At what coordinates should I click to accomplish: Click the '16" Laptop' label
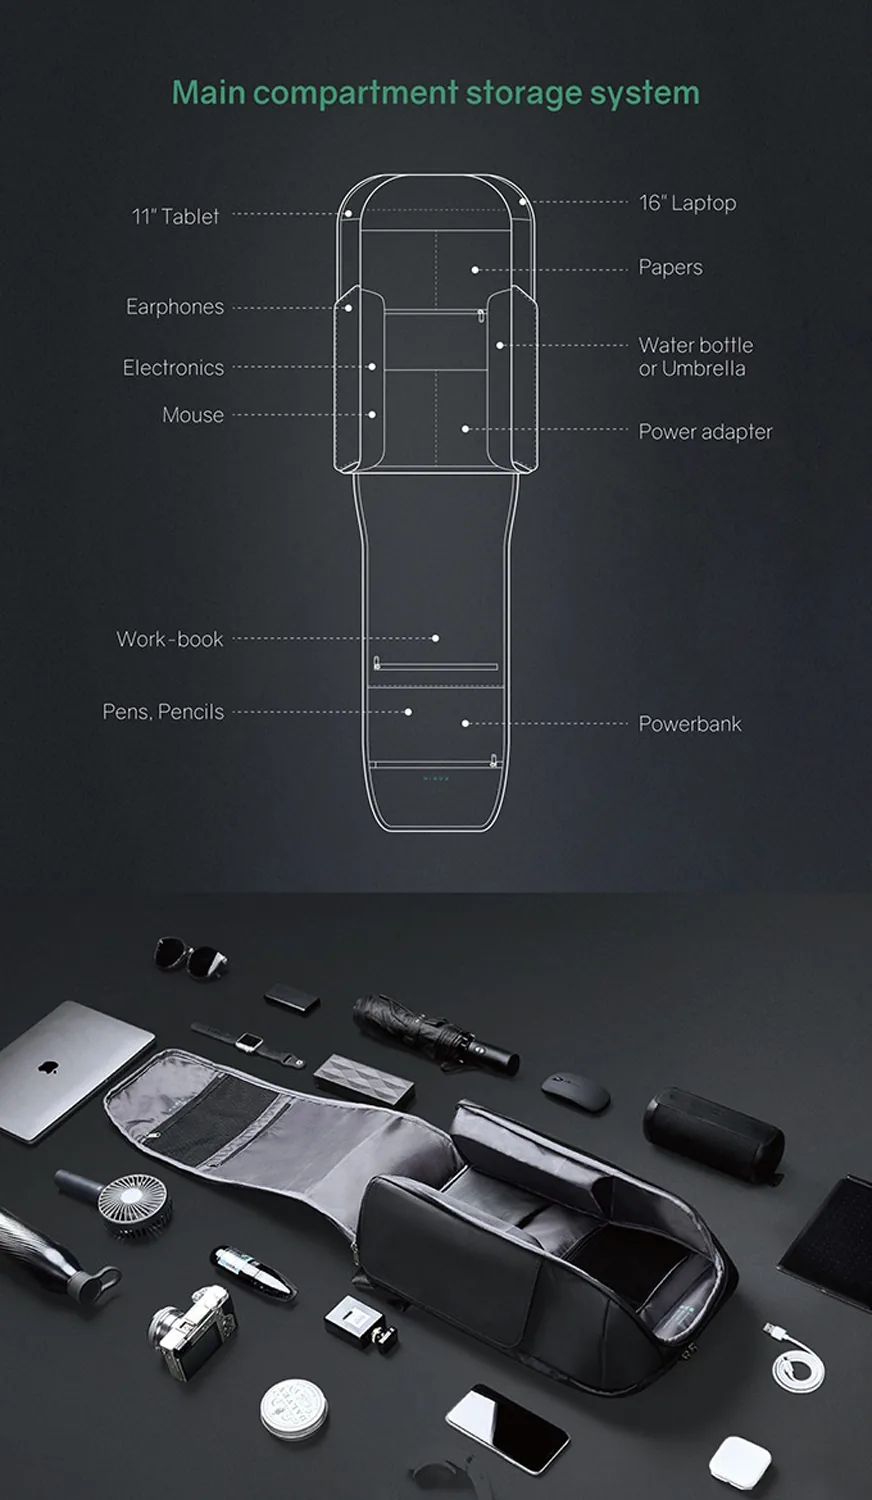point(687,203)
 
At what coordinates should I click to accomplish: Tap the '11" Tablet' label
point(175,216)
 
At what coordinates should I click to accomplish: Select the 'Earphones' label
point(175,307)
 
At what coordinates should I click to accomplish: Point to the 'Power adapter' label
point(705,432)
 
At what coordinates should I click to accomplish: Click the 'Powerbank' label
point(690,724)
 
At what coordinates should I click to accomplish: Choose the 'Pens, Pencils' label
point(163,712)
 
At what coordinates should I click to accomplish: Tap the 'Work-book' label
point(170,639)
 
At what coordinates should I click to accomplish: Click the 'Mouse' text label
point(193,415)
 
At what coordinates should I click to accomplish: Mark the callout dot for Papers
point(475,270)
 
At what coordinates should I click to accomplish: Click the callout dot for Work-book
point(435,638)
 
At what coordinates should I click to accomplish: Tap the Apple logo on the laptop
point(46,1066)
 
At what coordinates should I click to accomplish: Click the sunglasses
point(190,957)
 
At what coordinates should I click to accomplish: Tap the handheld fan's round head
point(135,1206)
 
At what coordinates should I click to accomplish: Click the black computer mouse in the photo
point(575,1092)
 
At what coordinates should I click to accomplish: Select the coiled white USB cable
point(797,1357)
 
